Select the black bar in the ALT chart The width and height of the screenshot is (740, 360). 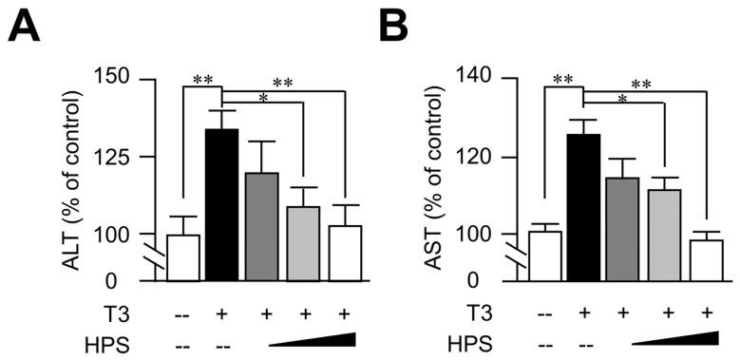[x=222, y=204]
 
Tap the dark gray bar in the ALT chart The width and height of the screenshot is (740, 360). [x=262, y=226]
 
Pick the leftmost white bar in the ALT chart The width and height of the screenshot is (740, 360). [x=182, y=257]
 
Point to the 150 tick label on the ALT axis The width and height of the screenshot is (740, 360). [x=122, y=78]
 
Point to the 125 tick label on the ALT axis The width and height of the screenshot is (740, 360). [x=122, y=156]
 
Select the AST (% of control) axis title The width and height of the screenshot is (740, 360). [x=444, y=179]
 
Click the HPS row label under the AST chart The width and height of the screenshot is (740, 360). [x=473, y=342]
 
